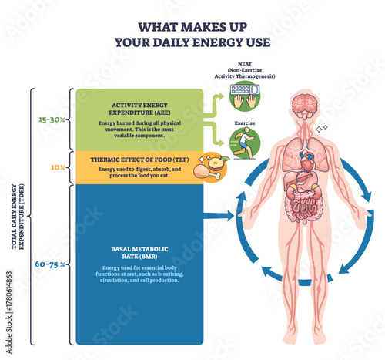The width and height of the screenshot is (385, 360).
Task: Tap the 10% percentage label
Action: coord(58,166)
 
